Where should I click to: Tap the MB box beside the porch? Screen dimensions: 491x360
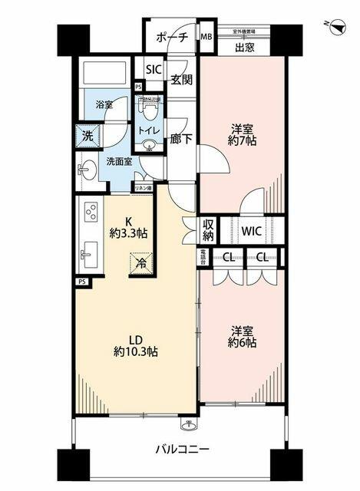pos(206,37)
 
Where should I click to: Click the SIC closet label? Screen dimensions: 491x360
pos(154,70)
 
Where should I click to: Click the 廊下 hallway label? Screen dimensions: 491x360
pos(181,141)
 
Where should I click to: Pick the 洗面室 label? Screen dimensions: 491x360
pos(119,162)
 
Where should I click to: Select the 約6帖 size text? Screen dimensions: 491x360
pos(243,343)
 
